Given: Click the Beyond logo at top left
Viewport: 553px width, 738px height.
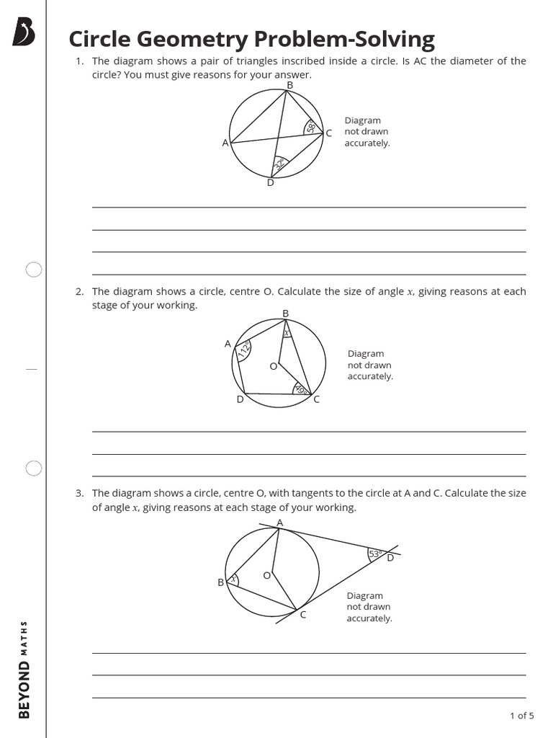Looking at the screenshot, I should point(24,33).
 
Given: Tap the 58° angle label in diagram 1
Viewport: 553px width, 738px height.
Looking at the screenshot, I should point(311,128).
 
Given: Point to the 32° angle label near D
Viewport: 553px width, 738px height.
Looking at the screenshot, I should point(279,164).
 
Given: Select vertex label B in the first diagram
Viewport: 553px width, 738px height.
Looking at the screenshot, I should point(289,86).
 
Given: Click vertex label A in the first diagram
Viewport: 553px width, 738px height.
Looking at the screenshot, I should point(225,143).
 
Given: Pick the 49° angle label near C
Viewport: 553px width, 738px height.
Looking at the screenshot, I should point(300,389).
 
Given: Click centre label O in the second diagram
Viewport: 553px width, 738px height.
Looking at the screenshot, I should point(273,366).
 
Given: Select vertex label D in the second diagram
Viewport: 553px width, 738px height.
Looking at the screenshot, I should point(240,399).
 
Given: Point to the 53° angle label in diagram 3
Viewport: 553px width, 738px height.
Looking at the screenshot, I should point(375,553).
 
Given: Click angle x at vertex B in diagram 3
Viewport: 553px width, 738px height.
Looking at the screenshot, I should point(233,578).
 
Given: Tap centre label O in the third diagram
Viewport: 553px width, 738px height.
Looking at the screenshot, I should point(266,575).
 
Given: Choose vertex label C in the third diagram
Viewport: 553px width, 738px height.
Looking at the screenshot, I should point(303,615).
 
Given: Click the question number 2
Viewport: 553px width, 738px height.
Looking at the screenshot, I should point(79,292).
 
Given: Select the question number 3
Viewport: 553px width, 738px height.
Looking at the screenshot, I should point(79,494).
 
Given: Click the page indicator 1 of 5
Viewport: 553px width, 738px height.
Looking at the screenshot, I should point(521,716).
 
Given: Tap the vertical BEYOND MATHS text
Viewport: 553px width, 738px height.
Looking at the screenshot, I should point(24,670).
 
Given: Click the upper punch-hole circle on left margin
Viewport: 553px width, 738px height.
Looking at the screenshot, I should point(34,270).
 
